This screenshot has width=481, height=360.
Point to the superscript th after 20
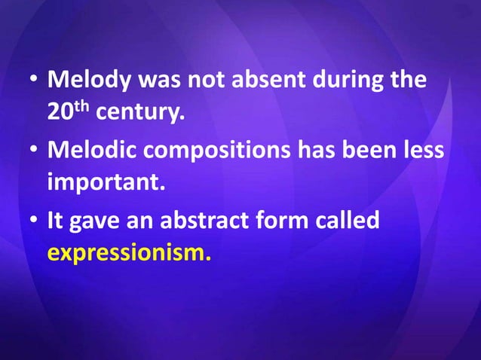79,108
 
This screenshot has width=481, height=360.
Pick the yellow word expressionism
129,253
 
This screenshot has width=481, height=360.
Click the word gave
97,220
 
